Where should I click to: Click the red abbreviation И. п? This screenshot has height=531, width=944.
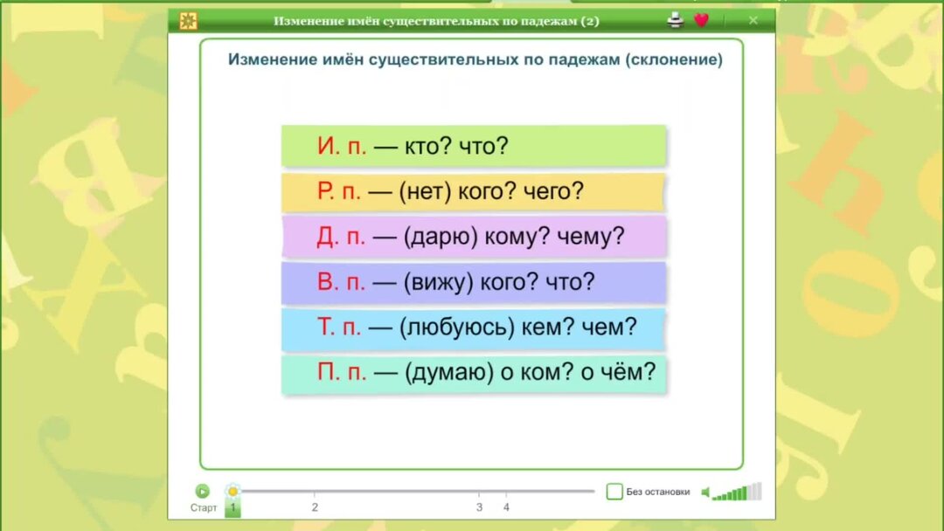click(x=342, y=146)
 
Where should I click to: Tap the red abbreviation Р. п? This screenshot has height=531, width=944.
click(x=342, y=191)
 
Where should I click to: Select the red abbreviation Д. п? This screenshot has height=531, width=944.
click(x=342, y=237)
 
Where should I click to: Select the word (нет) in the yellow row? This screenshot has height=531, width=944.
click(x=424, y=192)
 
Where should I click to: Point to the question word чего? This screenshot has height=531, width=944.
click(x=552, y=192)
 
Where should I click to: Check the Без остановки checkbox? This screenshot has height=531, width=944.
click(x=614, y=492)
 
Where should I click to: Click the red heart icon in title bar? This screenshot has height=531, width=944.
click(x=701, y=20)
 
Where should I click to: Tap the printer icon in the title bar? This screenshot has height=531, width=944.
click(x=675, y=20)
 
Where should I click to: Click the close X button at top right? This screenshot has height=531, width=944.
click(x=753, y=20)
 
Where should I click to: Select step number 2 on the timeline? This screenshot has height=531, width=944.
click(x=315, y=507)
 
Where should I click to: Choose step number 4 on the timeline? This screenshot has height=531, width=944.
click(x=506, y=507)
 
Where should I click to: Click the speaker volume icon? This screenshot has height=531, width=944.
click(x=706, y=493)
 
